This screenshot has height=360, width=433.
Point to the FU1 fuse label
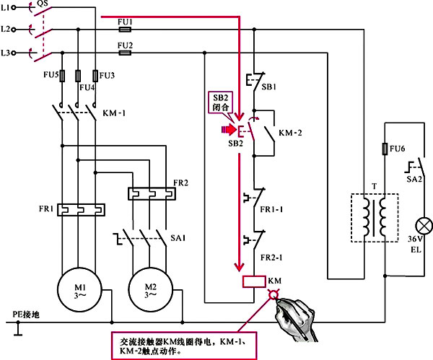tap(125, 22)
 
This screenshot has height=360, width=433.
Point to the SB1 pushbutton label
tap(268, 85)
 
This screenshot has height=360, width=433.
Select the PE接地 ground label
tap(28, 315)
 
